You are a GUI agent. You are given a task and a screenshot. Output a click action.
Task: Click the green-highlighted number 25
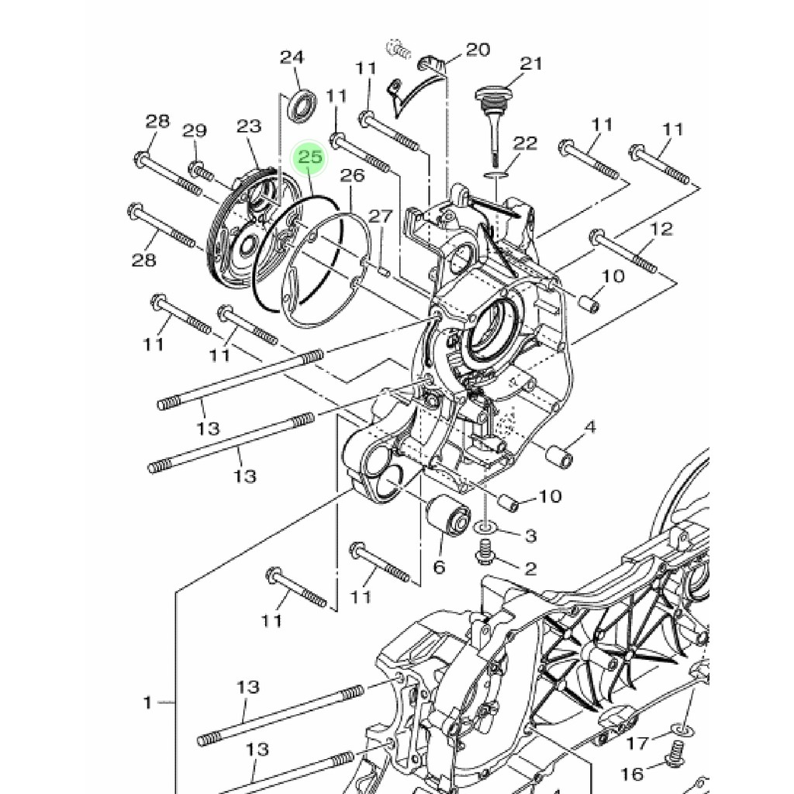tap(310, 157)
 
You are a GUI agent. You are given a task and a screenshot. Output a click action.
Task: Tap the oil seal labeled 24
tap(303, 105)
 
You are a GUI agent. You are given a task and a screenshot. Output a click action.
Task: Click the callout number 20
tap(478, 50)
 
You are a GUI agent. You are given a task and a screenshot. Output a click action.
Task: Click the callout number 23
tap(249, 126)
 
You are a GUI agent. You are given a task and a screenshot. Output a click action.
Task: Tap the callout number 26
tap(352, 175)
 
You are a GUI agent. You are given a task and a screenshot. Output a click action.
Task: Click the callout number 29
tap(195, 130)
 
